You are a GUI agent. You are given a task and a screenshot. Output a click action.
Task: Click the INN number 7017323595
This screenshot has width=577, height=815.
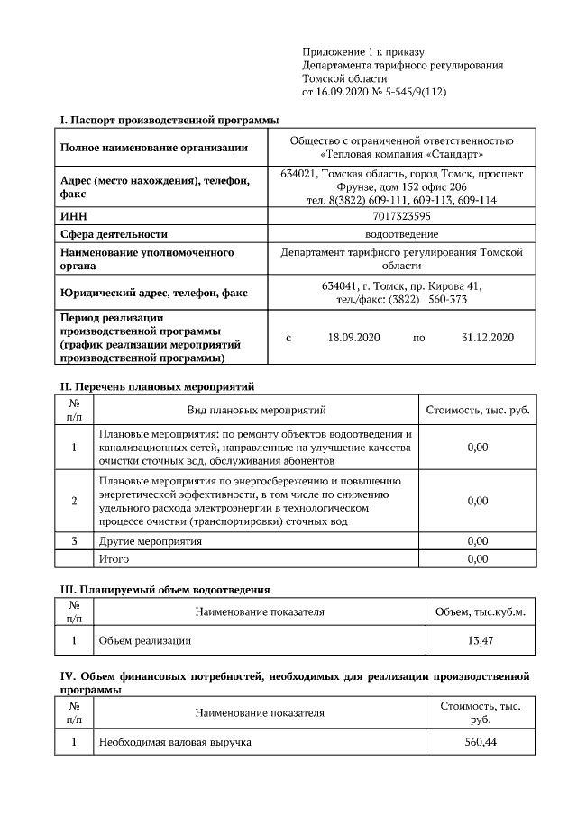pos(401,216)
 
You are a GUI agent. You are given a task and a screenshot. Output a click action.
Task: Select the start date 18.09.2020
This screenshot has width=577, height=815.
pos(355,338)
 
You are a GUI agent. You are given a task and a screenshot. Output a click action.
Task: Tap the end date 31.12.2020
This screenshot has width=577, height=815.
pos(487,338)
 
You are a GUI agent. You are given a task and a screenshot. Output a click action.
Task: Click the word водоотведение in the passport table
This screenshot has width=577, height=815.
pos(401,234)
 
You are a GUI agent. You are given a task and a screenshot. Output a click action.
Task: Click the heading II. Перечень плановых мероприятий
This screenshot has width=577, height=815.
pos(157,386)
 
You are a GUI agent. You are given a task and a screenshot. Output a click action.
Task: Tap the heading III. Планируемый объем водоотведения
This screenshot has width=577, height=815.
pos(165,590)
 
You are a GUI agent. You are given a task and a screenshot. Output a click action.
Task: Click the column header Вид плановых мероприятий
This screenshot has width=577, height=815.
pos(256,411)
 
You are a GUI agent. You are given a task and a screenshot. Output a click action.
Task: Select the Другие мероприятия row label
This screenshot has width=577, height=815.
pos(150,541)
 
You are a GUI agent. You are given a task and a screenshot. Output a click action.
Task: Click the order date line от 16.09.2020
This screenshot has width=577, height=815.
pos(374,92)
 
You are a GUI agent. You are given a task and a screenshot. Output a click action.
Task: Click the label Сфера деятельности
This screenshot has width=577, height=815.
pos(114,234)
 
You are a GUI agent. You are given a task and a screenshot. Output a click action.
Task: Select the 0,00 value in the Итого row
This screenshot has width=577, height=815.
pos(478,559)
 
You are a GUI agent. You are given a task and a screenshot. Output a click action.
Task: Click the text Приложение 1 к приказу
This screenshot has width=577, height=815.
pos(362,53)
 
